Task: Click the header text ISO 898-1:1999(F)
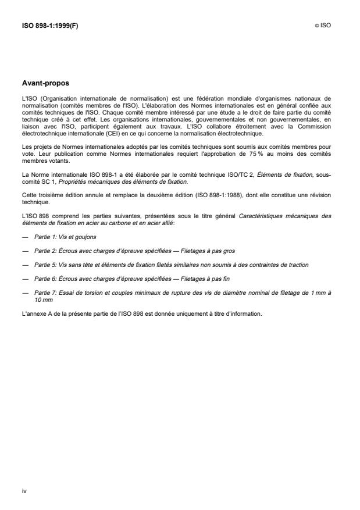pos(46,25)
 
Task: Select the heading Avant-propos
pos(45,83)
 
